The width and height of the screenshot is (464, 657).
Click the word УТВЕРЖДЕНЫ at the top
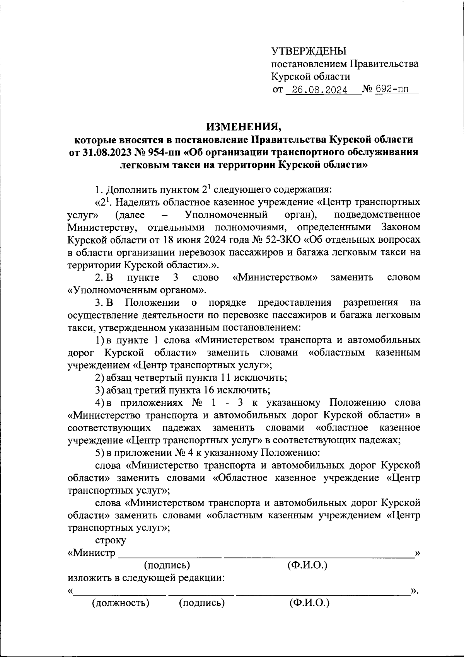point(309,51)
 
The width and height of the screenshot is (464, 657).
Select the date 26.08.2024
point(319,90)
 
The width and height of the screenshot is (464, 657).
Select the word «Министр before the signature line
point(92,553)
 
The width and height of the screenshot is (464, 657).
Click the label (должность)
point(120,603)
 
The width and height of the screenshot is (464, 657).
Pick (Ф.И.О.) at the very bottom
point(309,603)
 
